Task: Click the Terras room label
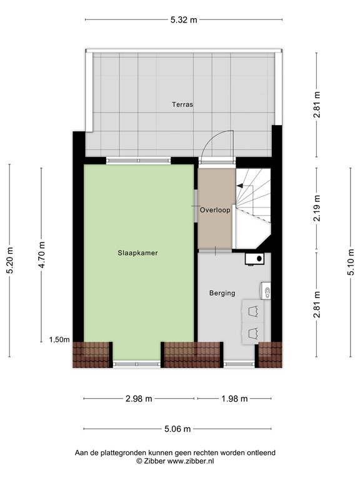(182, 105)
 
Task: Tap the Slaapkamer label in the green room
(137, 253)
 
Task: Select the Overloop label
(215, 211)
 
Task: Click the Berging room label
(222, 292)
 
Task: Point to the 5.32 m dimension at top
(183, 19)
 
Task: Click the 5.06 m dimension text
(177, 429)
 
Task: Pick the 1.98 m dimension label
(235, 399)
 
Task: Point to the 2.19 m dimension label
(317, 209)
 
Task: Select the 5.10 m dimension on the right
(351, 261)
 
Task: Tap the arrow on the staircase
(239, 185)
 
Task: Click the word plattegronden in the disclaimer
(124, 452)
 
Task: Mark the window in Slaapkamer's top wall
(138, 161)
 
